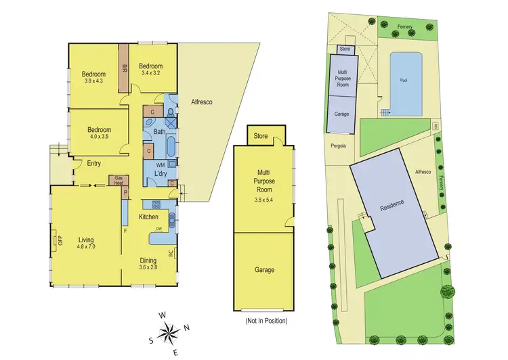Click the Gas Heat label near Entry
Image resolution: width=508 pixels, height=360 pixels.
click(119, 179)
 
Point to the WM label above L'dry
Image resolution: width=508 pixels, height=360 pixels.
click(160, 164)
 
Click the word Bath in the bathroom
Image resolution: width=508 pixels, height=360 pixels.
click(160, 132)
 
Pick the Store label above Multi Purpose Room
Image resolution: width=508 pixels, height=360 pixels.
click(260, 137)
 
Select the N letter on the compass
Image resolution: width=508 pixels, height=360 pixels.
click(188, 329)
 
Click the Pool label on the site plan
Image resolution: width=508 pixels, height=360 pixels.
click(404, 81)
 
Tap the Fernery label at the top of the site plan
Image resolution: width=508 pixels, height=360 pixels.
click(406, 26)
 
